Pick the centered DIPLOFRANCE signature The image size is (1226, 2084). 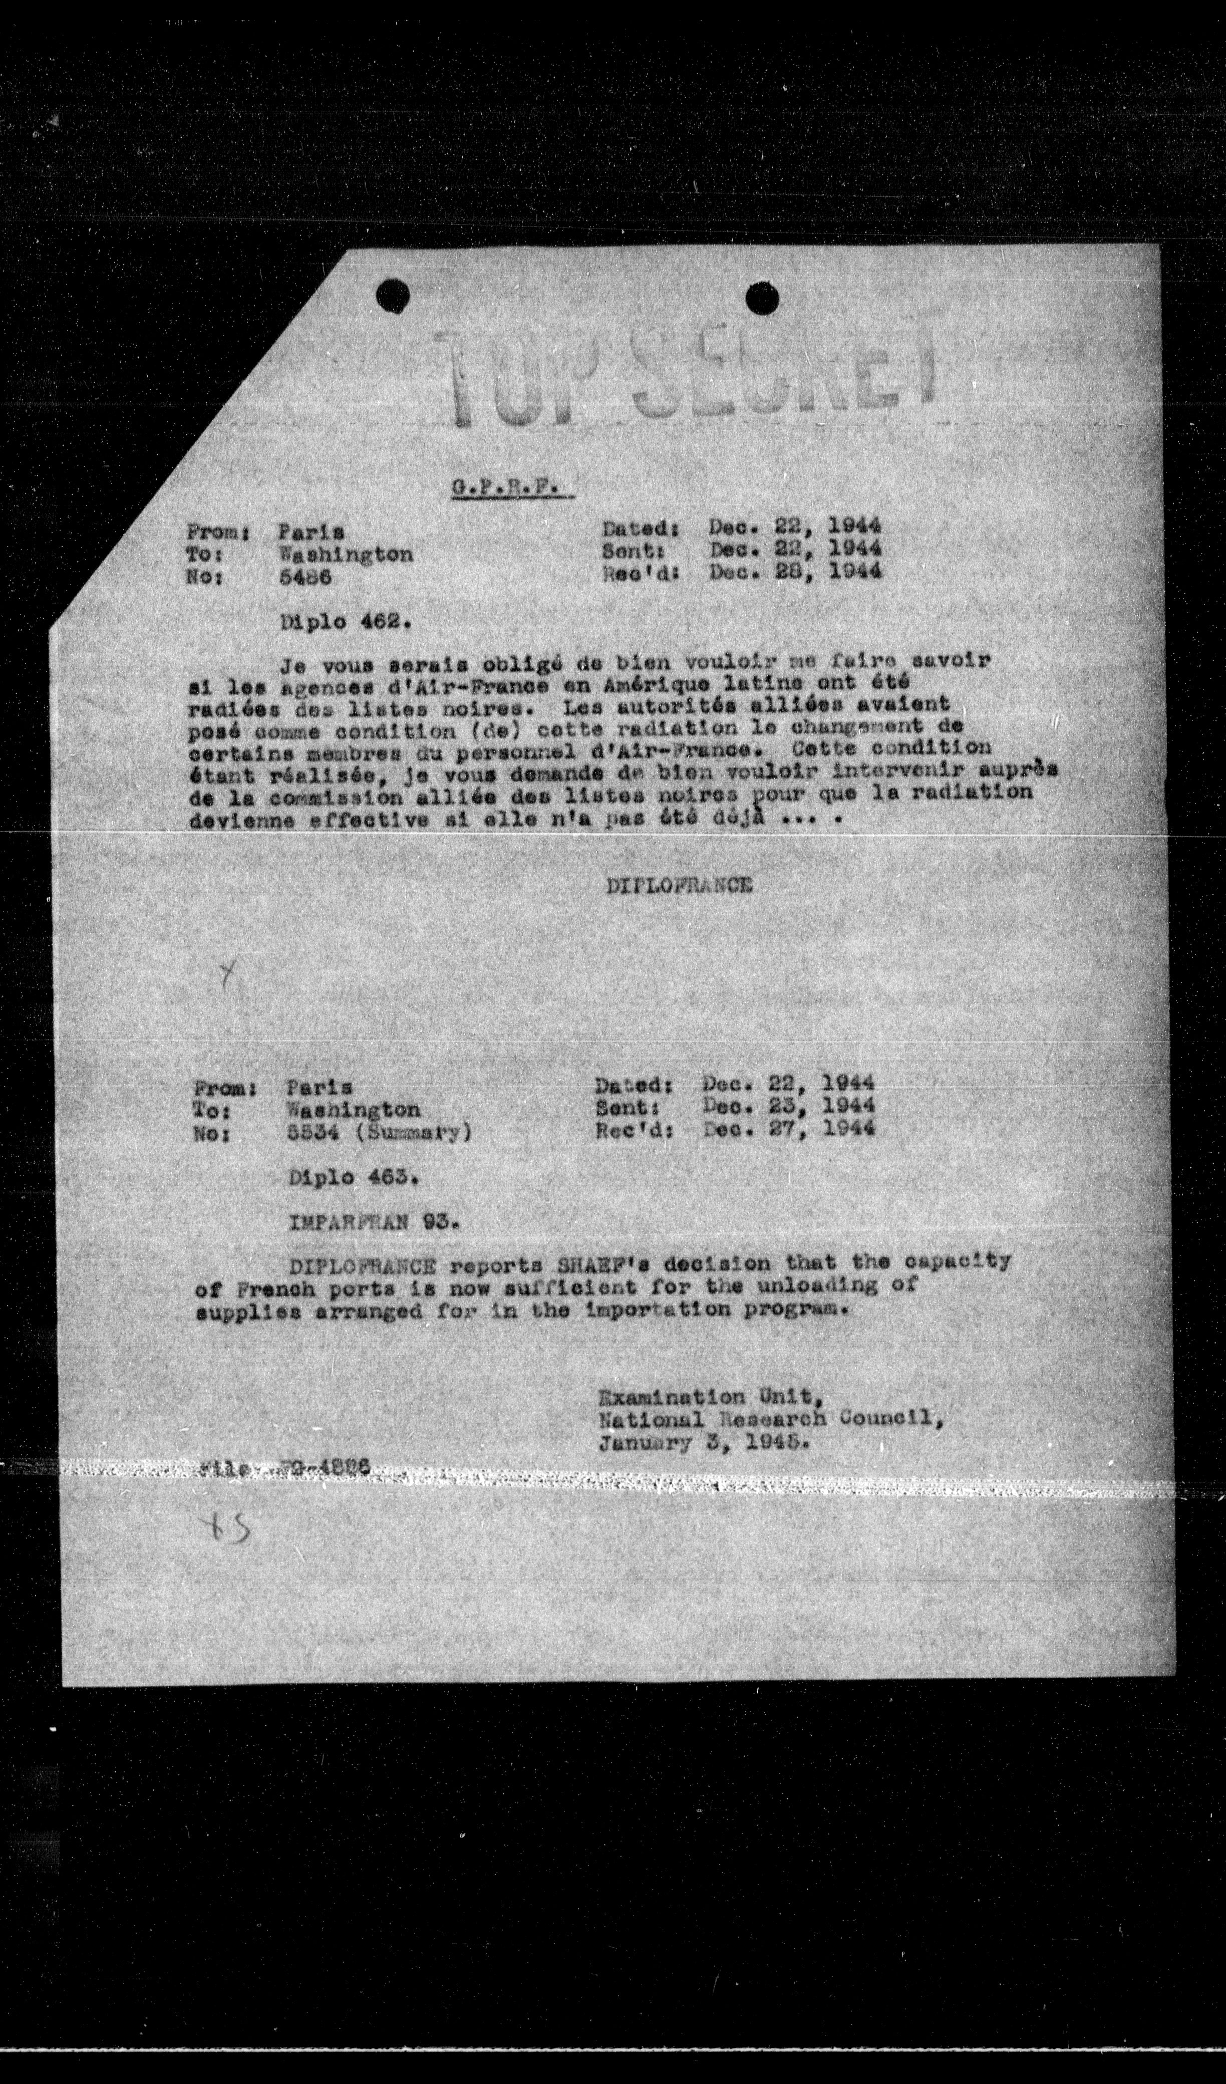coord(679,885)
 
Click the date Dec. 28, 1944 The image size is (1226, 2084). coord(794,571)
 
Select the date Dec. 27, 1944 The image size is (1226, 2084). coord(788,1128)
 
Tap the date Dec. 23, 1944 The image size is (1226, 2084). coord(788,1106)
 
